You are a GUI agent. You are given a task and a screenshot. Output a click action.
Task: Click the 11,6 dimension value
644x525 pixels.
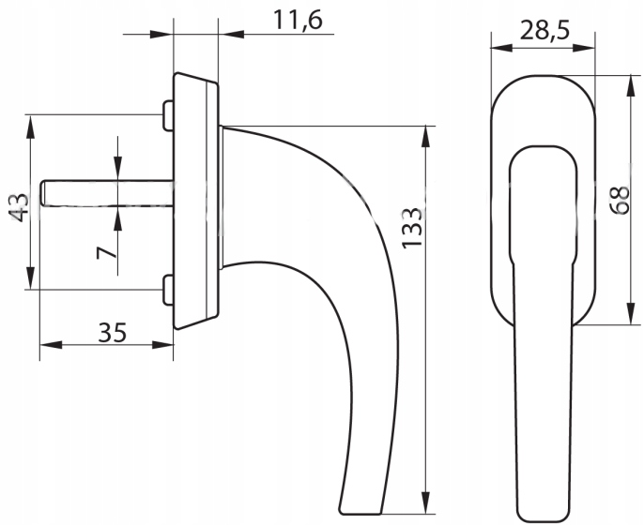tap(298, 20)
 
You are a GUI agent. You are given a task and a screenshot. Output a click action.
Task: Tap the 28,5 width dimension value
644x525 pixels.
tap(545, 30)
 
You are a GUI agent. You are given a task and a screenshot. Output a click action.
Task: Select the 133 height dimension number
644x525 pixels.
tap(412, 229)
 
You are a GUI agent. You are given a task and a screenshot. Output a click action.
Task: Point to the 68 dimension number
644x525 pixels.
tap(620, 200)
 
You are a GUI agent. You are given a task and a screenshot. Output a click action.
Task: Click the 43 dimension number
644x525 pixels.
tap(19, 207)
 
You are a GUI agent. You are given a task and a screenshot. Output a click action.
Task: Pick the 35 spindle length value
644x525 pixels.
tap(113, 333)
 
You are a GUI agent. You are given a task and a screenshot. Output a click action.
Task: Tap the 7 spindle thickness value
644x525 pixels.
tap(107, 253)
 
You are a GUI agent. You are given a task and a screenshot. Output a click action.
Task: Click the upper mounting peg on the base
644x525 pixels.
tap(168, 115)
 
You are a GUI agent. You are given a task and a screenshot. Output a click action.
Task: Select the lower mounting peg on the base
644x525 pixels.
tap(168, 291)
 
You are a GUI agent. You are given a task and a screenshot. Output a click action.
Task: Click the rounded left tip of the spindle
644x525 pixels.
tap(42, 192)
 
